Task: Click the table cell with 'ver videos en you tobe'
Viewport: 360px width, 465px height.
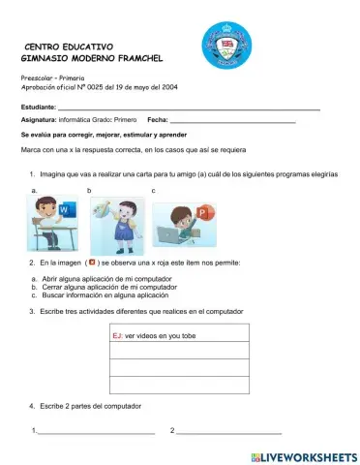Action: tap(180, 335)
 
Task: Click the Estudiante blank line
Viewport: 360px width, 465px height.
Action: tap(189, 107)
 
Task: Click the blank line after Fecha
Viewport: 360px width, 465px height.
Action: tap(232, 120)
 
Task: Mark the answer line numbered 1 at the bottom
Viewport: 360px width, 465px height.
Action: tap(95, 432)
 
